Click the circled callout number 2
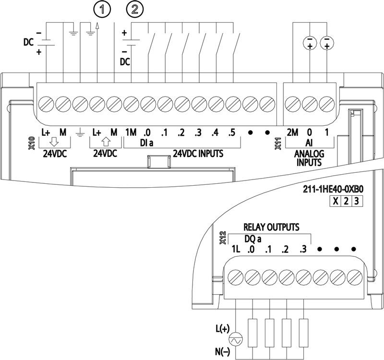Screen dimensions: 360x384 coord(133,9)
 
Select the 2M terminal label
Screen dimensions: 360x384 coord(291,132)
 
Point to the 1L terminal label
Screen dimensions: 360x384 coord(235,250)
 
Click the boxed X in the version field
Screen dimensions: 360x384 coord(336,202)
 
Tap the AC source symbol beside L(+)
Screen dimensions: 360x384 coord(235,339)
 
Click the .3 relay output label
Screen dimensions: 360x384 coord(302,250)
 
